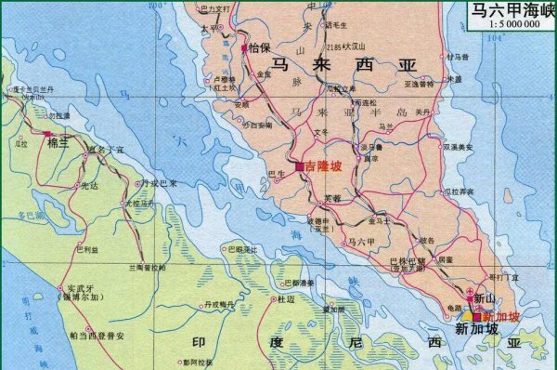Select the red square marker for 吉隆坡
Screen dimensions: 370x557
300,165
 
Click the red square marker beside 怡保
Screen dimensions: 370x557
244,46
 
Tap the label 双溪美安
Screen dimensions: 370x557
458,147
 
